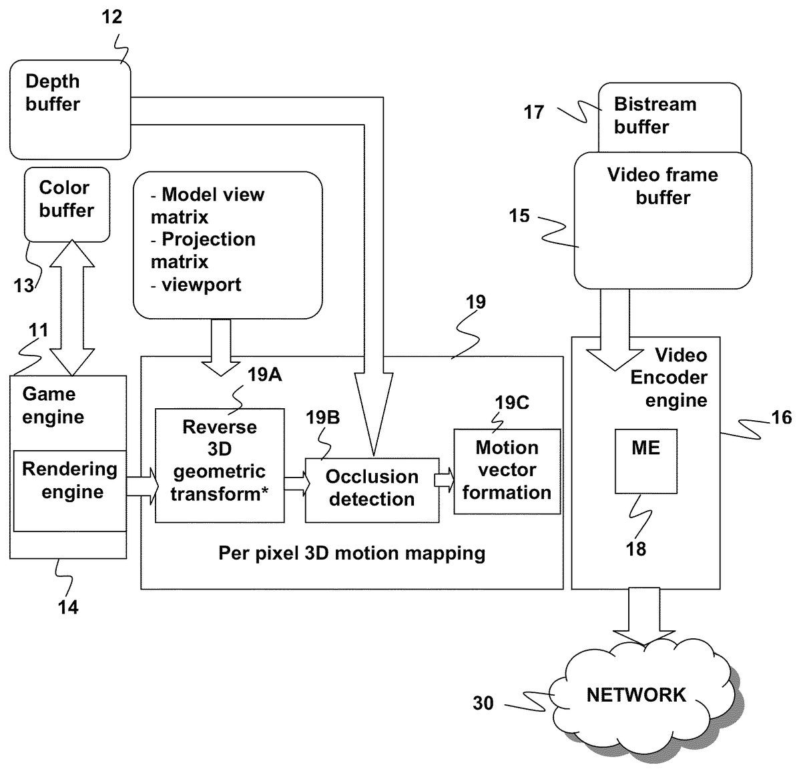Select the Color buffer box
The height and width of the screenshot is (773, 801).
point(67,203)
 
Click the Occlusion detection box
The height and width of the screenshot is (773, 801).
point(372,489)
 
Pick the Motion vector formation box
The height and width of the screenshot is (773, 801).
point(507,471)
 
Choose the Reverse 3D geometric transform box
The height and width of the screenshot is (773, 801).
point(220,465)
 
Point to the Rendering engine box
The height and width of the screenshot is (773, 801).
point(70,490)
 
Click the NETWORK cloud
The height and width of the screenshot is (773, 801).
point(635,695)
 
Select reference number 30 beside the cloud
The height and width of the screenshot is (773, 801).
point(483,703)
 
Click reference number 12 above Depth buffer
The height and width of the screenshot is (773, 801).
point(112,17)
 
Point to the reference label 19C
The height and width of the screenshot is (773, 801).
point(512,403)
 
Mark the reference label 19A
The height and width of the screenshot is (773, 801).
point(264,375)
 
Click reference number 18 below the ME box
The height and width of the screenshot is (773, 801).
point(636,549)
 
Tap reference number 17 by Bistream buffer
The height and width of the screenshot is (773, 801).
point(534,112)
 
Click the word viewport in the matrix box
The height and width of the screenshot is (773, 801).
point(201,285)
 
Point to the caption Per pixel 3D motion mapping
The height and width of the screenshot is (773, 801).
point(352,553)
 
